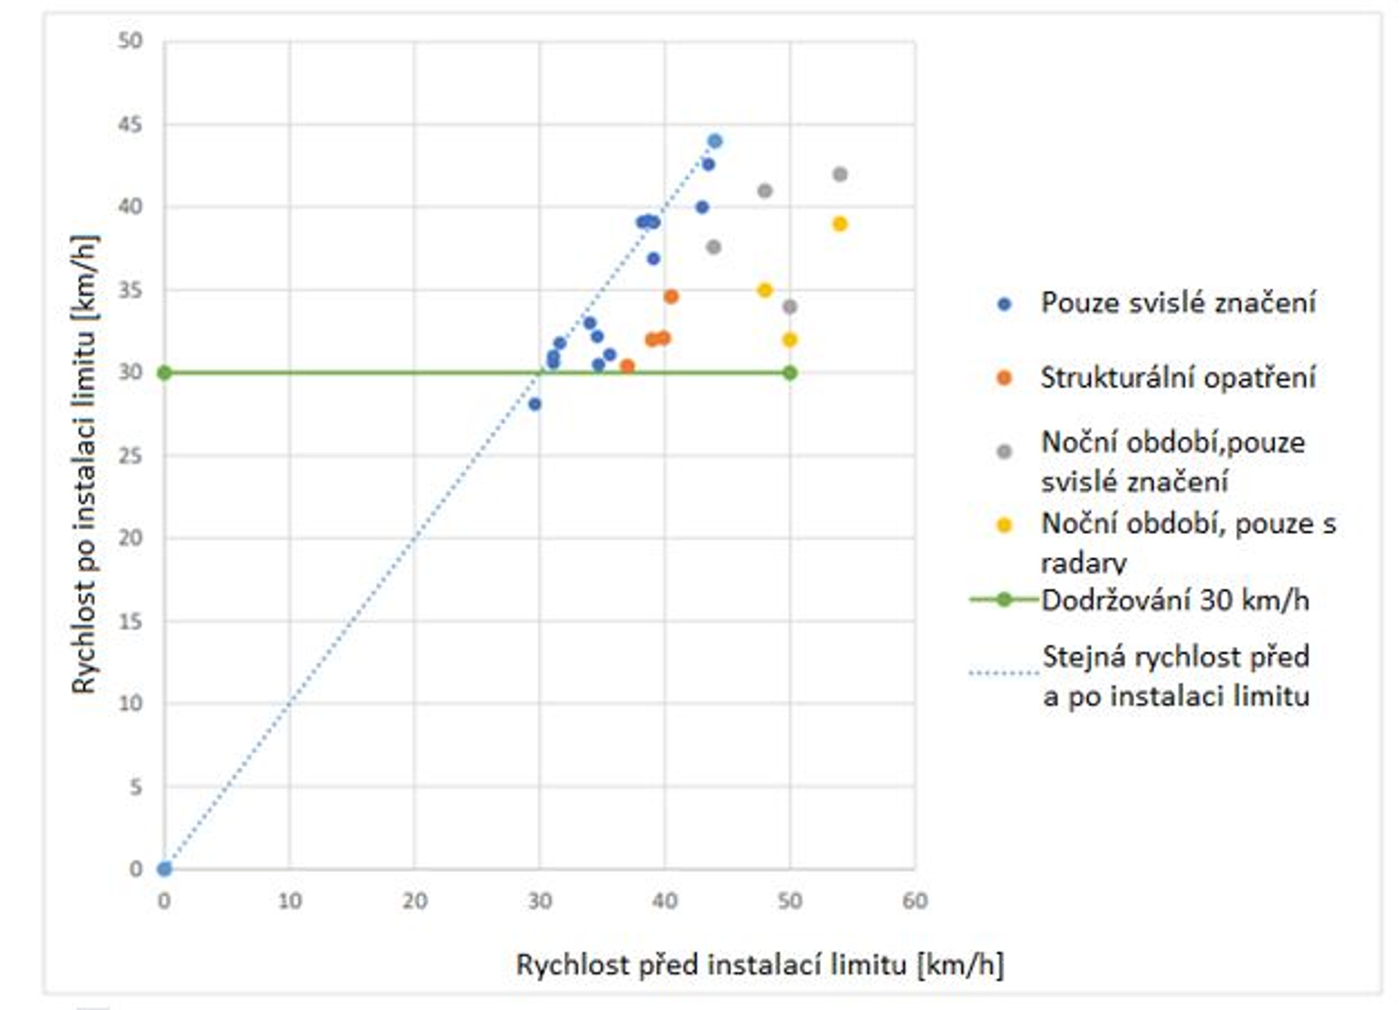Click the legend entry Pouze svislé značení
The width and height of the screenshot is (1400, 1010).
(x=1178, y=303)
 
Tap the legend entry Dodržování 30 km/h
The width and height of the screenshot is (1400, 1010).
(x=1174, y=599)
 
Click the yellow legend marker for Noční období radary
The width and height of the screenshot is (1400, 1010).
(x=1005, y=525)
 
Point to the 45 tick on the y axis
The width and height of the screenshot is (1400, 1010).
(x=130, y=125)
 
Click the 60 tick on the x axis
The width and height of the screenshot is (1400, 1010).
(x=914, y=902)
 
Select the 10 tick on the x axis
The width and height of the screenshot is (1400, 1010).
(x=289, y=902)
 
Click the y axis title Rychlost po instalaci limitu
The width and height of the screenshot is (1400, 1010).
(x=85, y=464)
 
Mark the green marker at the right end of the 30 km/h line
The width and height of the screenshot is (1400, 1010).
(x=789, y=373)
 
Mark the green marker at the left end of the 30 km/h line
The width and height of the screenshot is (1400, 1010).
(x=164, y=373)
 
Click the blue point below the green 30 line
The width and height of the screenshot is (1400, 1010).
(x=534, y=404)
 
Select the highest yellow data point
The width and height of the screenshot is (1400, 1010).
(x=839, y=224)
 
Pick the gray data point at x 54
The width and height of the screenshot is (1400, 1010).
(x=839, y=174)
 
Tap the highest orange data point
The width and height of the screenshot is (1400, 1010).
(x=671, y=297)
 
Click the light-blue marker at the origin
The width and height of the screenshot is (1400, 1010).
(x=164, y=869)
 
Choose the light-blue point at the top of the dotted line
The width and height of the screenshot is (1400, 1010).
(x=715, y=141)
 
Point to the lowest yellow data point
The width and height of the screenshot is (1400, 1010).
(x=789, y=340)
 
